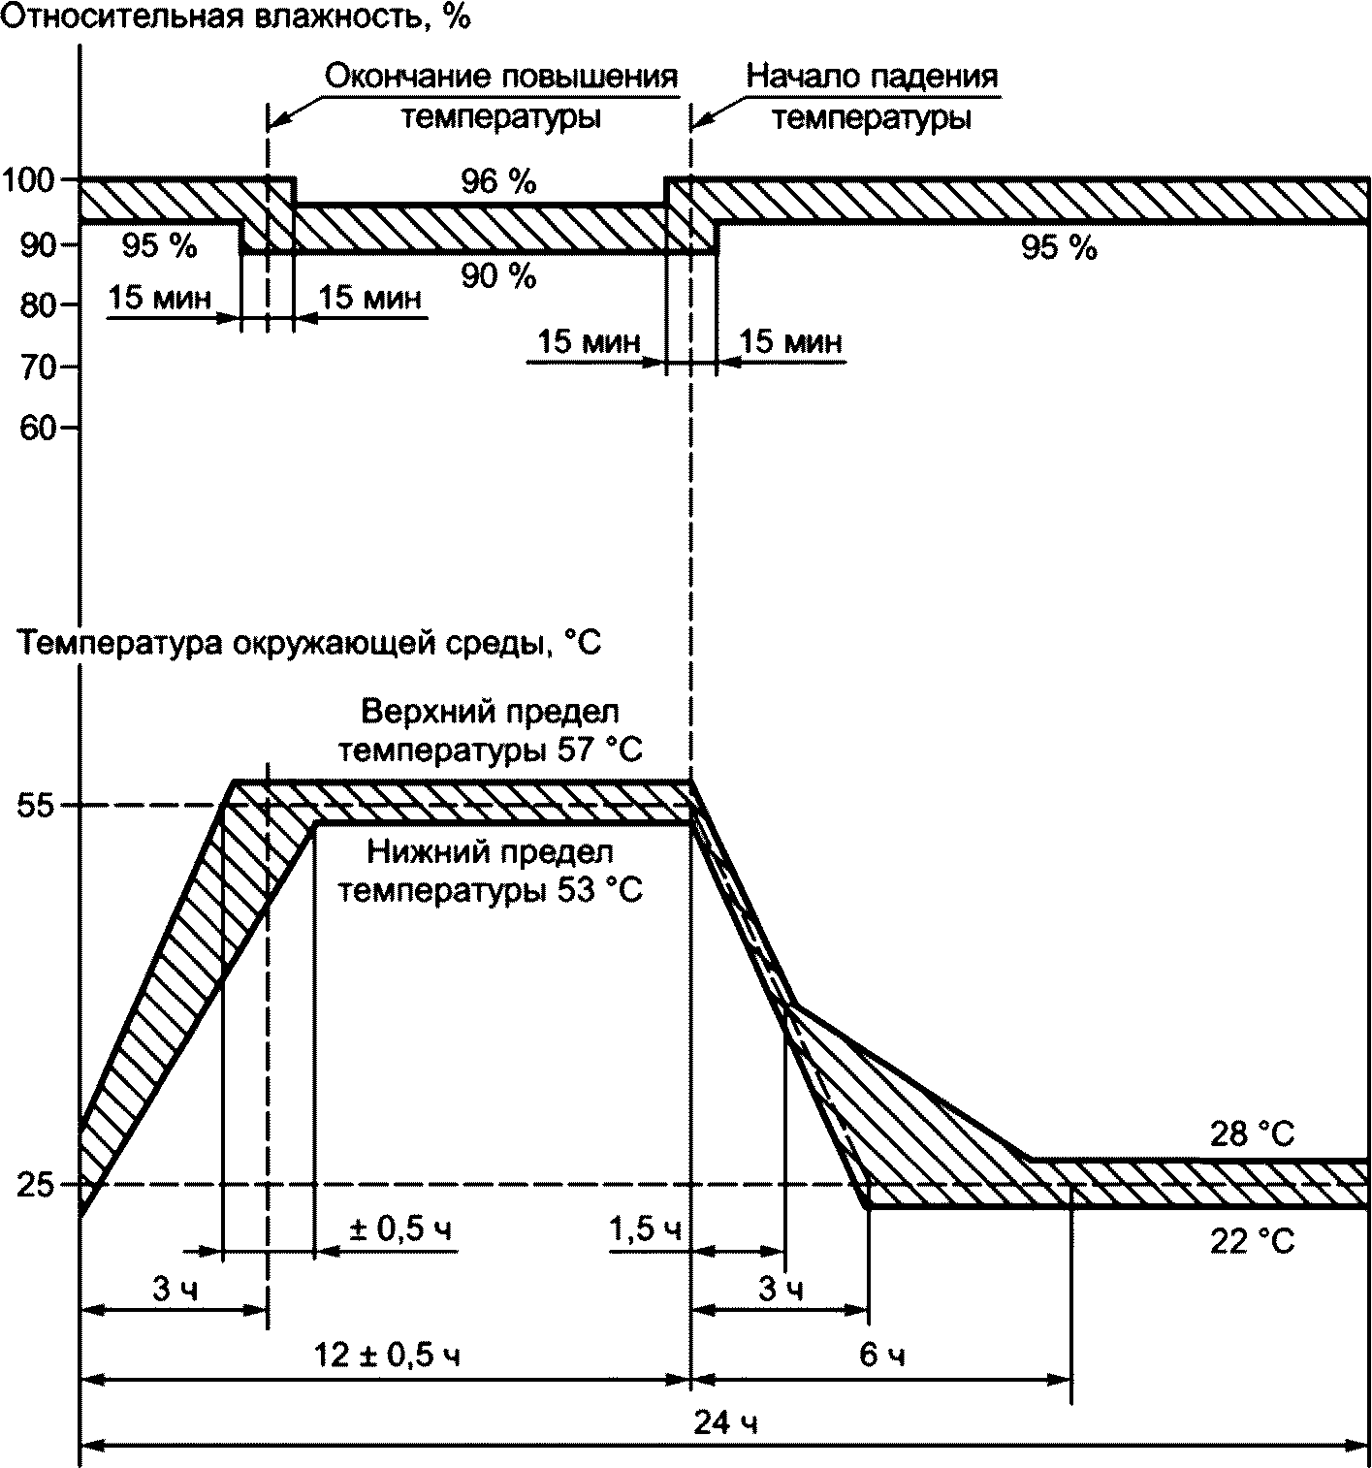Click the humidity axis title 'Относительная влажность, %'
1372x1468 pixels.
click(x=237, y=17)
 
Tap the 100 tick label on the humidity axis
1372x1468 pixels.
click(x=32, y=179)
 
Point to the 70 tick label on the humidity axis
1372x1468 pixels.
click(x=39, y=367)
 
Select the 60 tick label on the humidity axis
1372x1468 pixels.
click(x=39, y=428)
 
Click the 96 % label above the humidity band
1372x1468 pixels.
click(x=498, y=181)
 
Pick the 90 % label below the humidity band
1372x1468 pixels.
click(x=498, y=277)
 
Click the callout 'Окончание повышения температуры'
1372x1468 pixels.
click(x=501, y=97)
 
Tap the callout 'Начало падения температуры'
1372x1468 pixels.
click(x=872, y=97)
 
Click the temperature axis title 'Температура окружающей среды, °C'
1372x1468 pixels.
click(x=310, y=643)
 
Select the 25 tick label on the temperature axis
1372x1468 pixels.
click(x=35, y=1185)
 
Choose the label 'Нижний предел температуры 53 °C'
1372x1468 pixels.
click(x=491, y=872)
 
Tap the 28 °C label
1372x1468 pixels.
click(x=1252, y=1134)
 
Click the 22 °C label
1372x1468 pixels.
click(x=1252, y=1241)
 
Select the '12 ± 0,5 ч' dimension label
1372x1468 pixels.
click(x=388, y=1355)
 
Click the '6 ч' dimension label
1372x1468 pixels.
click(x=882, y=1355)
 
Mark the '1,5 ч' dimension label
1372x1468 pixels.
click(x=645, y=1229)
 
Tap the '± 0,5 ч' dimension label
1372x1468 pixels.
click(x=401, y=1229)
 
